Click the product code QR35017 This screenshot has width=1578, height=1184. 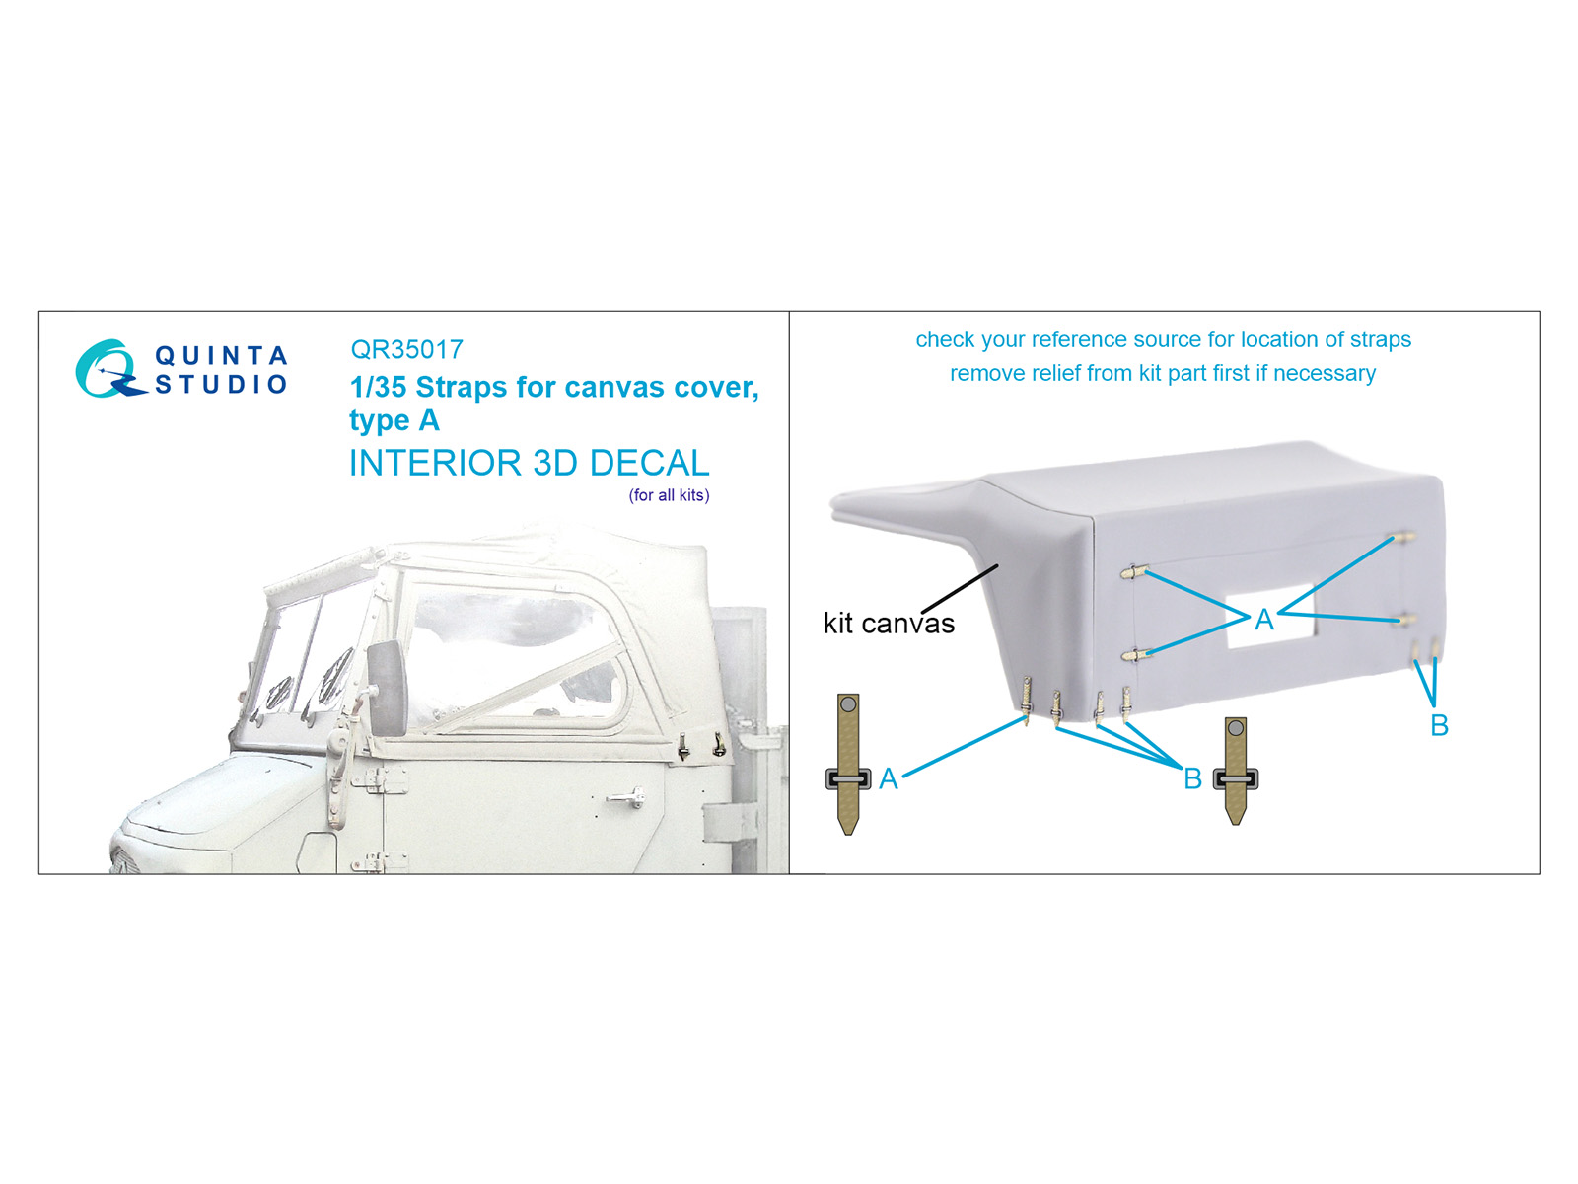(406, 350)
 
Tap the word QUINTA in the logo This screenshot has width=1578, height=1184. (222, 356)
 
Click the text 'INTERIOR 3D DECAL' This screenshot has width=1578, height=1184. (529, 463)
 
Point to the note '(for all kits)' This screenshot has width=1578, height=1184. (670, 495)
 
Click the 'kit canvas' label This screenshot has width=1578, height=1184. (889, 624)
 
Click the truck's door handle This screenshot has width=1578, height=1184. (625, 797)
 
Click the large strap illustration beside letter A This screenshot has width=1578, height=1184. (848, 764)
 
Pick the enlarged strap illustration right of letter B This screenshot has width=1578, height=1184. (1236, 771)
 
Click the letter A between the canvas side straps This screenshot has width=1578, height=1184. (1263, 620)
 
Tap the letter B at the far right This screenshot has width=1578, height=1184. (1439, 725)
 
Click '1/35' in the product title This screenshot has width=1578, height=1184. (379, 388)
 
